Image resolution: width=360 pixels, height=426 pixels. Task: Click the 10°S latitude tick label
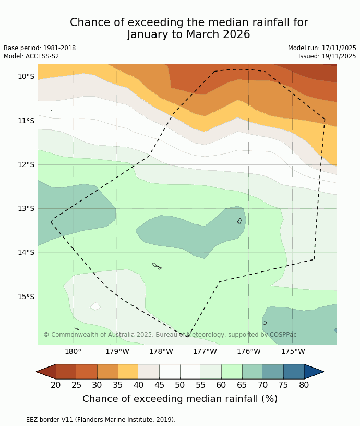pos(26,77)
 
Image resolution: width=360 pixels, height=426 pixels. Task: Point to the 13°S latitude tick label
pos(26,209)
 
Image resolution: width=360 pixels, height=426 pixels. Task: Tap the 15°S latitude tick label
pos(26,297)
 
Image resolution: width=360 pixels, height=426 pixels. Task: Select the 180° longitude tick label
pos(73,352)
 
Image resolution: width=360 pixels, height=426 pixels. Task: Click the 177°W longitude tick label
pos(205,352)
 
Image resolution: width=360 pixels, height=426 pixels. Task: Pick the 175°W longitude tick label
pos(293,352)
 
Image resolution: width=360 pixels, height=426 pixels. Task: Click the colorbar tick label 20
pos(56,385)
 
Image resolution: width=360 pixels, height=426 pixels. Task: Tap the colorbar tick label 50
pos(180,385)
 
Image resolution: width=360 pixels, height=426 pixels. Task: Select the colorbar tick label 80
pos(304,385)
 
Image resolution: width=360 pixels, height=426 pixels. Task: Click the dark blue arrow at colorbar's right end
pos(314,372)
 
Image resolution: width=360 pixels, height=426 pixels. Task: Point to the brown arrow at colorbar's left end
pos(46,372)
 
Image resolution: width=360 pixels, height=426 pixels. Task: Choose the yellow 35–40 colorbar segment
pos(128,372)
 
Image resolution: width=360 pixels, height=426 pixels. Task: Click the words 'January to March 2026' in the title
pos(189,35)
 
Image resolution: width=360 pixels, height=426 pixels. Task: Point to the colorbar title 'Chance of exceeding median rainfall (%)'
pos(180,399)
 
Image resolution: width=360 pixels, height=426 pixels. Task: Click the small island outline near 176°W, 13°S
pos(239,221)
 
